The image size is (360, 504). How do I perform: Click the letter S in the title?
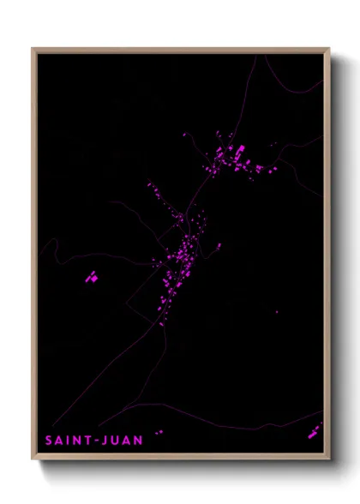pos(49,441)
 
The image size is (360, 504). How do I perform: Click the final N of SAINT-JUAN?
pos(139,441)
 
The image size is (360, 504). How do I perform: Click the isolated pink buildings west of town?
pos(91,277)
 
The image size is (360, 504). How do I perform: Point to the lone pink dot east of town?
pos(276,312)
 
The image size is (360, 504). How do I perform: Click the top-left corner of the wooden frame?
pos(33,49)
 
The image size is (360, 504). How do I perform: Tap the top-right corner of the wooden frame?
pos(329,49)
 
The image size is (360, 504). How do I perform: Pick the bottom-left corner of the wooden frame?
pos(33,461)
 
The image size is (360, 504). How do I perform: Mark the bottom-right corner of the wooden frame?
pos(329,461)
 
